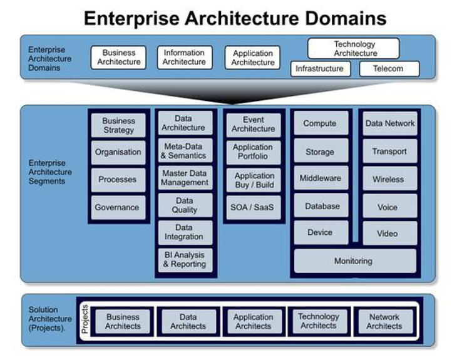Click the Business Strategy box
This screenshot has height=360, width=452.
118,125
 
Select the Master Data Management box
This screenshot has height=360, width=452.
184,178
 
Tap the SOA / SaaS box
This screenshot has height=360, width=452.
254,207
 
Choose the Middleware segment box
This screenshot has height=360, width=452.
320,178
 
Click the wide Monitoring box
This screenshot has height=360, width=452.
354,261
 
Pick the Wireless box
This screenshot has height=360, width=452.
388,179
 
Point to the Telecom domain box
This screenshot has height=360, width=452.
388,68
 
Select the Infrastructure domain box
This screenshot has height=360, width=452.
319,68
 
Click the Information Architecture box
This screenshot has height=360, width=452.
184,58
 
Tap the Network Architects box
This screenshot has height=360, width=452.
384,321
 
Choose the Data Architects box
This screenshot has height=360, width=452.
188,321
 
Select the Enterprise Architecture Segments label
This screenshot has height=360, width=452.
51,172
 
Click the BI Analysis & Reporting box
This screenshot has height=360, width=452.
184,260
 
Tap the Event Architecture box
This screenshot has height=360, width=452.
254,125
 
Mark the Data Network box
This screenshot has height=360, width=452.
389,123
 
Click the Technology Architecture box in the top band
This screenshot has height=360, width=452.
354,49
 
